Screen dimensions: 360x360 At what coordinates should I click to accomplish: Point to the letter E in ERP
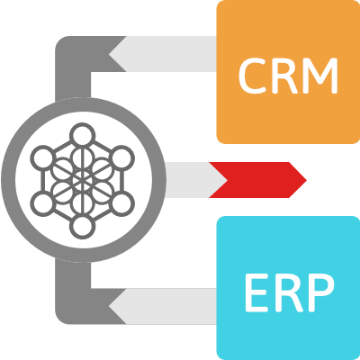[x=256, y=293]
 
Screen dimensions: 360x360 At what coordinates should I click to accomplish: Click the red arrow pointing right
[x=257, y=180]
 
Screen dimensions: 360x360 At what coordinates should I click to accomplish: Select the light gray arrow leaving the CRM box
[x=163, y=54]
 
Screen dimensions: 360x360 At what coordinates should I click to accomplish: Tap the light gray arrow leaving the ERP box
[x=163, y=306]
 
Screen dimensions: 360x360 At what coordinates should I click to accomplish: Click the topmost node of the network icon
[x=83, y=135]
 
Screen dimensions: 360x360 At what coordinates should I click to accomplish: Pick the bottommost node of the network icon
[x=83, y=226]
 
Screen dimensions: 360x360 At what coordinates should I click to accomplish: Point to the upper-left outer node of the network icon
[x=43, y=157]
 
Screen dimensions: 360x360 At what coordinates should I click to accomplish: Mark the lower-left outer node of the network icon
[x=43, y=203]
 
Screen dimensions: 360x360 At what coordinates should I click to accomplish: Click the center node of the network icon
[x=83, y=180]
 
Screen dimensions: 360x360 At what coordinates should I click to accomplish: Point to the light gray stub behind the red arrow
[x=192, y=180]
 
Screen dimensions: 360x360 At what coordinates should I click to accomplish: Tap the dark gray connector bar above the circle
[x=73, y=69]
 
